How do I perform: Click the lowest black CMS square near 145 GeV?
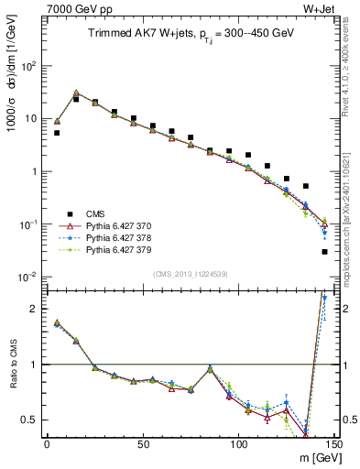(x=325, y=252)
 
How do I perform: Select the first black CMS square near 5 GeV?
(x=57, y=133)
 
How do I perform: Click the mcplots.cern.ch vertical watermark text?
(x=352, y=211)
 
